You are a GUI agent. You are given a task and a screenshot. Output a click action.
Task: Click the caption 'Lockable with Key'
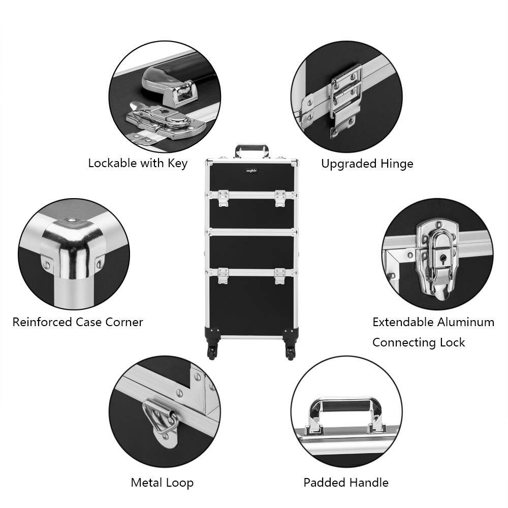(x=138, y=163)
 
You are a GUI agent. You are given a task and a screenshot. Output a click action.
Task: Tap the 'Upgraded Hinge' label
(x=367, y=164)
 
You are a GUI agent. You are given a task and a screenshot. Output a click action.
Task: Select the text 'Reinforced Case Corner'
(x=78, y=322)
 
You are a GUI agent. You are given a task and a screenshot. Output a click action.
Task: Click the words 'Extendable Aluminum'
(x=433, y=322)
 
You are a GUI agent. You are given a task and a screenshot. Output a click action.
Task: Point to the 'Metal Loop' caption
(x=162, y=482)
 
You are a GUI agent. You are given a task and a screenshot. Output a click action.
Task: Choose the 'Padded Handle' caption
(x=346, y=482)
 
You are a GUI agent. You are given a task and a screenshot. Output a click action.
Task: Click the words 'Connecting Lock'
(x=419, y=342)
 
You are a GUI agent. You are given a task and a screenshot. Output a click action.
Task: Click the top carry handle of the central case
(x=251, y=150)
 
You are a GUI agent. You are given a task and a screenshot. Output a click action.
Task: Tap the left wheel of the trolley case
(x=212, y=352)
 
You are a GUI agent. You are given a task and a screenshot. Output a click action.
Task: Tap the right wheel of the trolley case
(x=290, y=352)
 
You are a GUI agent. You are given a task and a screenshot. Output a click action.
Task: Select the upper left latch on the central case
(x=223, y=198)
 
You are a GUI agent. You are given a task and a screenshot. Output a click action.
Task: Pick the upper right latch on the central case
(x=280, y=198)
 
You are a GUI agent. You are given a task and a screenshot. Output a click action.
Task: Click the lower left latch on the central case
(x=223, y=276)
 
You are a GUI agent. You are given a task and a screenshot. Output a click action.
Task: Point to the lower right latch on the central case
(x=280, y=276)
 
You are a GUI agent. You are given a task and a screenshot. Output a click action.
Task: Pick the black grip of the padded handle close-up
(x=345, y=406)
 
